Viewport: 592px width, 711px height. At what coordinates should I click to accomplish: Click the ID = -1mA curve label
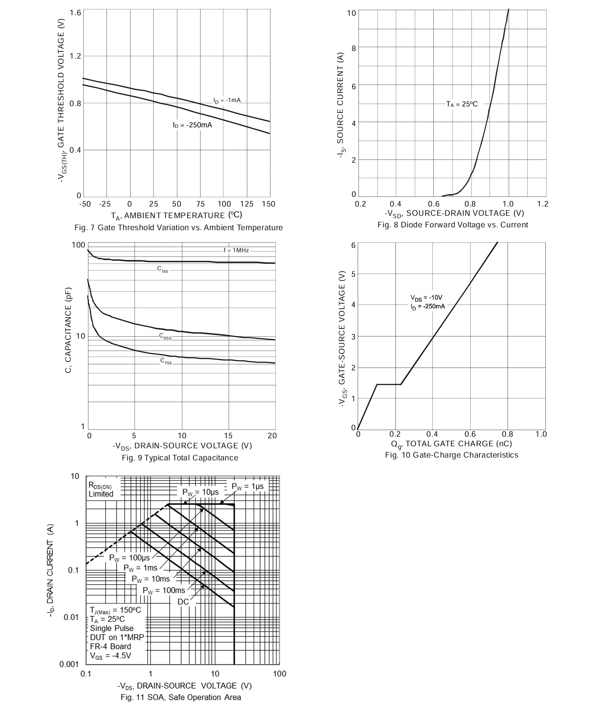[x=227, y=100]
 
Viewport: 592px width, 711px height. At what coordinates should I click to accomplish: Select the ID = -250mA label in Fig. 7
[x=193, y=125]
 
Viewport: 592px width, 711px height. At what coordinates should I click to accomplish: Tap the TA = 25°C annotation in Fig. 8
[x=462, y=104]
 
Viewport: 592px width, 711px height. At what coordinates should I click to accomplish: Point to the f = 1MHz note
[x=236, y=250]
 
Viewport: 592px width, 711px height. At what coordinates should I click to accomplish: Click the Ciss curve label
[x=163, y=269]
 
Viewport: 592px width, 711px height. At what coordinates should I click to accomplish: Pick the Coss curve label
[x=165, y=337]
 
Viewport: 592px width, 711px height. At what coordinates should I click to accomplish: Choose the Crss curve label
[x=166, y=361]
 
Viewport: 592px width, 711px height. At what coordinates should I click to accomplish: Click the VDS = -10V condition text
[x=426, y=298]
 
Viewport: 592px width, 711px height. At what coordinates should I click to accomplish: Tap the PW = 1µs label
[x=248, y=486]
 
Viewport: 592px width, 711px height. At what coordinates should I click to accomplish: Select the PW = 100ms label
[x=164, y=590]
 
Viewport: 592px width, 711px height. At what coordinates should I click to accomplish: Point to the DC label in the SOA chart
[x=183, y=602]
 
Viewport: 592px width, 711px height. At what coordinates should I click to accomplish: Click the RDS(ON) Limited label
[x=101, y=490]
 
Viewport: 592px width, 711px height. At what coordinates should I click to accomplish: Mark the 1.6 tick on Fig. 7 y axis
[x=76, y=13]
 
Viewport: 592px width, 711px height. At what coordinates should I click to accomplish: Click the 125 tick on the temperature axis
[x=247, y=204]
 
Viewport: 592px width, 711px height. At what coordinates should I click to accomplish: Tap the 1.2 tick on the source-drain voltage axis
[x=543, y=204]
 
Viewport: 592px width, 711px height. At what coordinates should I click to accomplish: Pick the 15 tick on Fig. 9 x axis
[x=228, y=436]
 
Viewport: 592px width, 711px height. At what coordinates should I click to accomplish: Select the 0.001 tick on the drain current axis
[x=69, y=664]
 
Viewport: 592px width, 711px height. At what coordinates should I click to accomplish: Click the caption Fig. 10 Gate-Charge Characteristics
[x=452, y=455]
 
